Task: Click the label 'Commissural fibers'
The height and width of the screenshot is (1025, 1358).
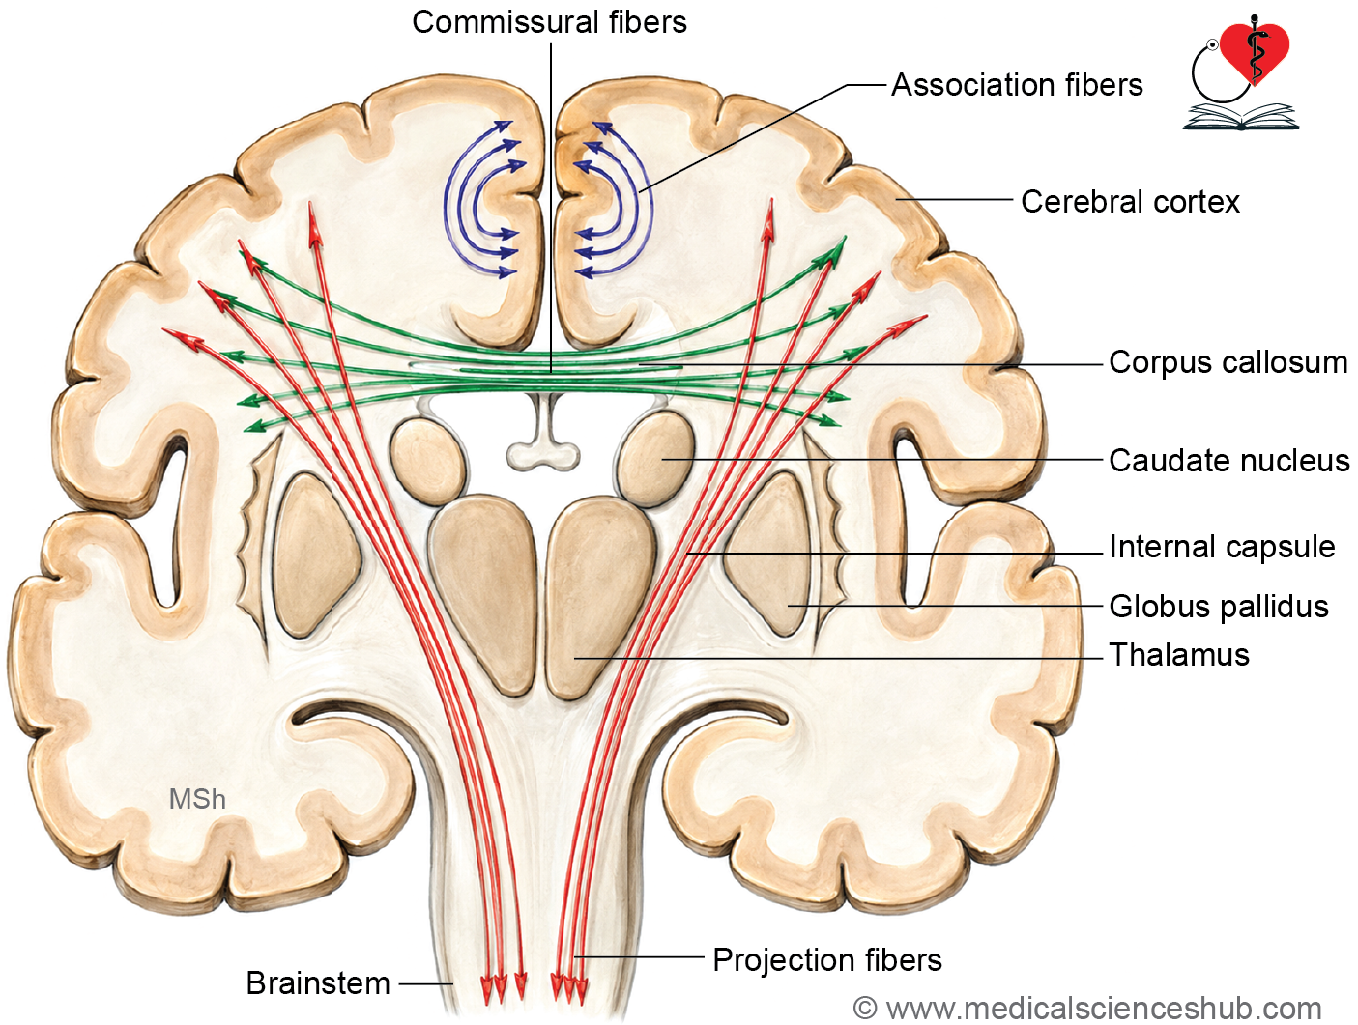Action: pyautogui.click(x=549, y=22)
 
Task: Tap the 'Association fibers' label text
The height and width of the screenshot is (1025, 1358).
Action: pyautogui.click(x=1017, y=85)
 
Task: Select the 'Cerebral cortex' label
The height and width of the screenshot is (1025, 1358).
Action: pyautogui.click(x=1130, y=202)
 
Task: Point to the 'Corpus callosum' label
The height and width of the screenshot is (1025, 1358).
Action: pyautogui.click(x=1228, y=362)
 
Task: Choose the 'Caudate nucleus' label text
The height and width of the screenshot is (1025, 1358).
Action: pyautogui.click(x=1229, y=461)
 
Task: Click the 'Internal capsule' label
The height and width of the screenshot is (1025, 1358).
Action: pyautogui.click(x=1222, y=547)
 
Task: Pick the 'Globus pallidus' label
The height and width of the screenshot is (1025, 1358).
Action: pyautogui.click(x=1219, y=606)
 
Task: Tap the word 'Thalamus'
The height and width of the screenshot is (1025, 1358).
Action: pyautogui.click(x=1179, y=655)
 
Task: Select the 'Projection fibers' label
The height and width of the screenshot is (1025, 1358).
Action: pyautogui.click(x=827, y=960)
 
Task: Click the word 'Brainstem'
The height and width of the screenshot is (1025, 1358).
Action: pyautogui.click(x=318, y=982)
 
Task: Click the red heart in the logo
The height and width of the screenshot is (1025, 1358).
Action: pyautogui.click(x=1255, y=50)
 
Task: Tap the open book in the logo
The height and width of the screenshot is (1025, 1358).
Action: pyautogui.click(x=1241, y=117)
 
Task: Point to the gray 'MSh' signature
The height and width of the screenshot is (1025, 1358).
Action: pyautogui.click(x=197, y=799)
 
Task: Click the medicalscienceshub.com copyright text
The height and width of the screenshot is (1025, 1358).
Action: pyautogui.click(x=1087, y=1009)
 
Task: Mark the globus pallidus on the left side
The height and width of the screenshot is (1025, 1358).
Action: pyautogui.click(x=317, y=555)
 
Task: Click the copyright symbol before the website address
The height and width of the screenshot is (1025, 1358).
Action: pyautogui.click(x=865, y=1009)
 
